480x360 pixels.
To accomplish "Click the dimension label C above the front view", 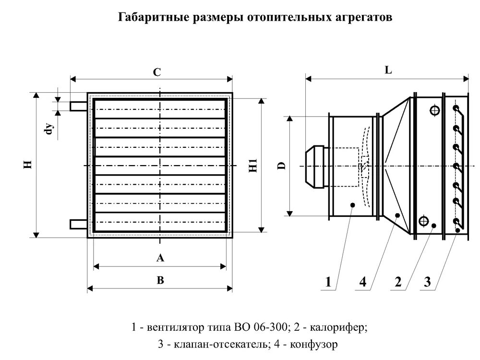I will pyautogui.click(x=156, y=73).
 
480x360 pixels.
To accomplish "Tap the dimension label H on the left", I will pyautogui.click(x=28, y=165).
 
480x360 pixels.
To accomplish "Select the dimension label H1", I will pyautogui.click(x=253, y=165).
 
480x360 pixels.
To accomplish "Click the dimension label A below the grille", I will pyautogui.click(x=160, y=258).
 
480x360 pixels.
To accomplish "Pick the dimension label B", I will pyautogui.click(x=160, y=281).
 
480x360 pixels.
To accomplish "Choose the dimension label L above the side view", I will pyautogui.click(x=388, y=70).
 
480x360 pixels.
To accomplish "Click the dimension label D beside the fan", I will pyautogui.click(x=282, y=166).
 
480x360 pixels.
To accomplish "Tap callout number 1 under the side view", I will pyautogui.click(x=328, y=282).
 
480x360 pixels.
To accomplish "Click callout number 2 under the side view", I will pyautogui.click(x=397, y=282).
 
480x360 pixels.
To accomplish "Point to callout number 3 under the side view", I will pyautogui.click(x=427, y=282).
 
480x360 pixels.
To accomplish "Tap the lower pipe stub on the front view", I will pyautogui.click(x=79, y=224).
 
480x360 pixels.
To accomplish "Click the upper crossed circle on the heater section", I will pyautogui.click(x=434, y=110).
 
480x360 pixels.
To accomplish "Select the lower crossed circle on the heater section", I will pyautogui.click(x=423, y=221).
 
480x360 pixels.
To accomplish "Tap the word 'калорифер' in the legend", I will pyautogui.click(x=344, y=328).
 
